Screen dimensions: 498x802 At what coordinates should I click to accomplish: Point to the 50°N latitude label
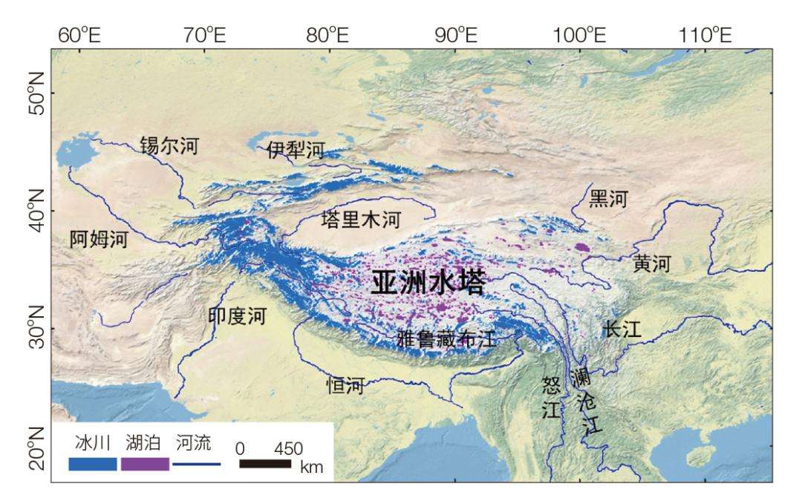pos(36,91)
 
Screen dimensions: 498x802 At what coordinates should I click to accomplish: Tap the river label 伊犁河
pos(295,151)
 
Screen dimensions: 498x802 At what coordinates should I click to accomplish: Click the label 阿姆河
pos(99,239)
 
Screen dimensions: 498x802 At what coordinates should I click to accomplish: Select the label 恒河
pos(345,385)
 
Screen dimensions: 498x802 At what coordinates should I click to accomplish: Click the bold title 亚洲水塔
pos(428,283)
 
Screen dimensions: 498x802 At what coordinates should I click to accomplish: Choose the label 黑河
pos(608,199)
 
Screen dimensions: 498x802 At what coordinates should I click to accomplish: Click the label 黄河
pos(652,264)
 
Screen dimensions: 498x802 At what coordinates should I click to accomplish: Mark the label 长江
pos(622,329)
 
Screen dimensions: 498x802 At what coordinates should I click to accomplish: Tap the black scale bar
pos(264,464)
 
